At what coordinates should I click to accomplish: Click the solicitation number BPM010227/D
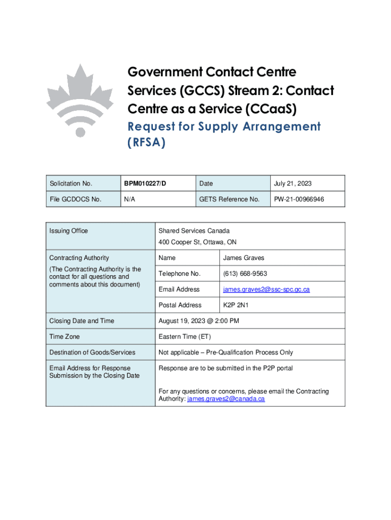pyautogui.click(x=144, y=183)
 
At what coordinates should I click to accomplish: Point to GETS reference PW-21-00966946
pyautogui.click(x=299, y=200)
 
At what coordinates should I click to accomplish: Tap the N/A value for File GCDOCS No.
pyautogui.click(x=129, y=200)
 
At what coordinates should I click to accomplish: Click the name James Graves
pyautogui.click(x=243, y=258)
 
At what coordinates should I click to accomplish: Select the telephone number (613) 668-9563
pyautogui.click(x=245, y=274)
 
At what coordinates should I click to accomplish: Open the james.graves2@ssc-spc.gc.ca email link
pyautogui.click(x=266, y=289)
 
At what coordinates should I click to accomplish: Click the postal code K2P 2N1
pyautogui.click(x=236, y=305)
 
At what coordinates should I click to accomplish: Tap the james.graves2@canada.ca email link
pyautogui.click(x=226, y=399)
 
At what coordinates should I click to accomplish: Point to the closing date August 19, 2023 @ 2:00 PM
pyautogui.click(x=199, y=321)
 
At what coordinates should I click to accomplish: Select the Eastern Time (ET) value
pyautogui.click(x=184, y=337)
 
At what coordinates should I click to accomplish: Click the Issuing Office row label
pyautogui.click(x=69, y=231)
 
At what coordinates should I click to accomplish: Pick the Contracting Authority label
pyautogui.click(x=79, y=258)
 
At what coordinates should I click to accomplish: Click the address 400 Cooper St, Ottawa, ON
pyautogui.click(x=197, y=242)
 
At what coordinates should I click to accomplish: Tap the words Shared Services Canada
pyautogui.click(x=194, y=231)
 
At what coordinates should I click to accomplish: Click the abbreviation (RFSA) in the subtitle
pyautogui.click(x=147, y=143)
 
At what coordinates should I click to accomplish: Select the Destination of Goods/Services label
pyautogui.click(x=92, y=352)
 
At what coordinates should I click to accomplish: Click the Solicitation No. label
pyautogui.click(x=71, y=183)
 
